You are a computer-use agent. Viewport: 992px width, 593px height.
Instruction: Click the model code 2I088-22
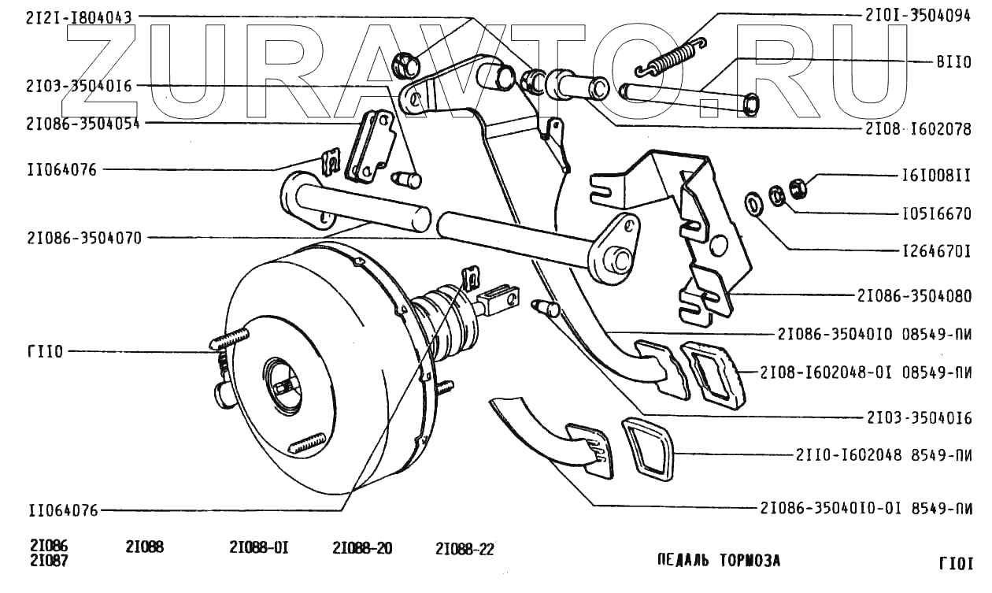(464, 549)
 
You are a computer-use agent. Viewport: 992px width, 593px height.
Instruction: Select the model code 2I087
(49, 562)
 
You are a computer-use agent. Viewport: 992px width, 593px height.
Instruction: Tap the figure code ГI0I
(956, 563)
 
